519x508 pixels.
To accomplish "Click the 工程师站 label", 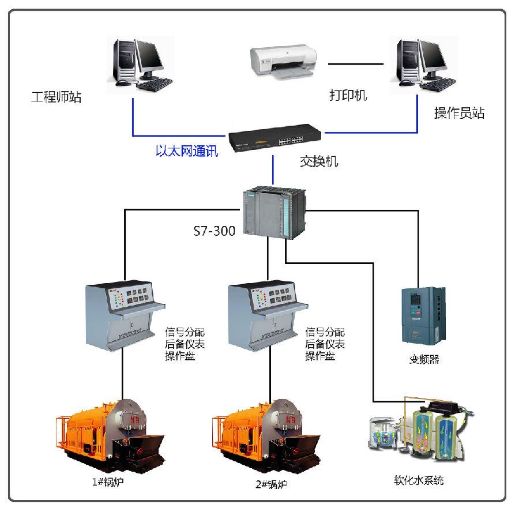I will pyautogui.click(x=56, y=97).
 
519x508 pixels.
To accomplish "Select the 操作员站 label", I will pyautogui.click(x=459, y=113).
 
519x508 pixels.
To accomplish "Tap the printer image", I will pyautogui.click(x=283, y=62).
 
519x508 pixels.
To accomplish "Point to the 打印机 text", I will pyautogui.click(x=348, y=95).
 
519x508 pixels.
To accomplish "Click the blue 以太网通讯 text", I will pyautogui.click(x=187, y=152).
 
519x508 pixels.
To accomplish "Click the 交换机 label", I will pyautogui.click(x=319, y=161).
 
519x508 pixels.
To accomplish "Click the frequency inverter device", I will pyautogui.click(x=424, y=314).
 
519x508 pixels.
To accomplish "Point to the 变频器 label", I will pyautogui.click(x=424, y=359).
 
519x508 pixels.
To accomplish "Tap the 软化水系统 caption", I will pyautogui.click(x=419, y=480).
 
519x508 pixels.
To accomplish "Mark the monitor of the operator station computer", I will pyautogui.click(x=437, y=57).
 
